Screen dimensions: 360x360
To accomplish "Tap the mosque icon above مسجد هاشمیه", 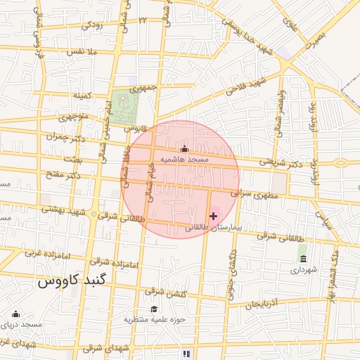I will tap(185, 149).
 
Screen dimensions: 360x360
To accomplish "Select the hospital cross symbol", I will tap(213, 216).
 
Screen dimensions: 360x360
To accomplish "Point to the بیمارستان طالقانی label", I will tap(213, 228).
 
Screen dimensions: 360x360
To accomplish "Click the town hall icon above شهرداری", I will tap(303, 259).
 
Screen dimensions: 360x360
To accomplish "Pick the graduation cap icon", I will tap(154, 309).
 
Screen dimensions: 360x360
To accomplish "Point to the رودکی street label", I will tap(91, 25).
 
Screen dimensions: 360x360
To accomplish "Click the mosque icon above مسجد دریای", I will tap(15, 314).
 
